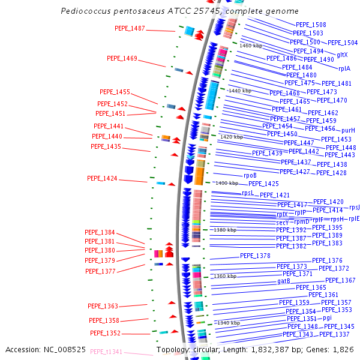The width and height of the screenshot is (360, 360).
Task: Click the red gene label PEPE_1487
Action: (130, 28)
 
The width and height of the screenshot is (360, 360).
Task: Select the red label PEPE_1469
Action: (122, 58)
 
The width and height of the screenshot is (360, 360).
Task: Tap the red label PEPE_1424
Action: (102, 178)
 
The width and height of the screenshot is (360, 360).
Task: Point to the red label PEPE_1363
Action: (103, 306)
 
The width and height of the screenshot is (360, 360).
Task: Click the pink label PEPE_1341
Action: (106, 352)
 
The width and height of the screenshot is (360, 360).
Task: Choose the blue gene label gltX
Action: (342, 55)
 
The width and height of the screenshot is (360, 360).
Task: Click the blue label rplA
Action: (344, 69)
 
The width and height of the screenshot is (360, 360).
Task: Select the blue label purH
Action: (348, 130)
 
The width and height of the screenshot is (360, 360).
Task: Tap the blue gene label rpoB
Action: (250, 175)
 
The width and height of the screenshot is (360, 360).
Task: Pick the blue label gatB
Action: (284, 281)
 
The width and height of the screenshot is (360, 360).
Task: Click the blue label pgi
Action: (327, 317)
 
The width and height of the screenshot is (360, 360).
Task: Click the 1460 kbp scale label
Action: (251, 46)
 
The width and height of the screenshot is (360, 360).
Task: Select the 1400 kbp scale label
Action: (227, 183)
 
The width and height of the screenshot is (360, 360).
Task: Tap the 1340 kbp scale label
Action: (228, 323)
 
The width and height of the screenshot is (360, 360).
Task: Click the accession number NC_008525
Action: (67, 349)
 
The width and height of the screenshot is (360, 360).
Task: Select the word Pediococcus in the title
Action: (85, 11)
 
